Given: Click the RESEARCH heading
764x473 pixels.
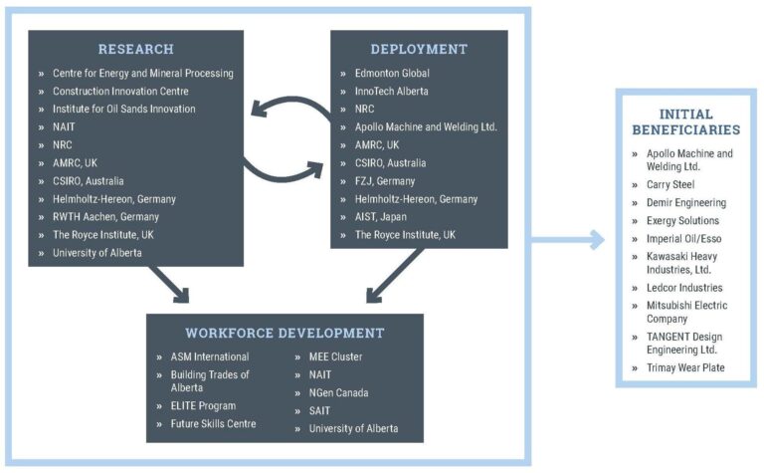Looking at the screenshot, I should pos(135,49).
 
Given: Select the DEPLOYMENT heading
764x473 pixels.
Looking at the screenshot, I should pos(418,49).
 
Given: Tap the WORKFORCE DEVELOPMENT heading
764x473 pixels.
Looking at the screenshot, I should pos(285,333).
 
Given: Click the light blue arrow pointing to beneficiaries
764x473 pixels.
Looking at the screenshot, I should pos(567,239).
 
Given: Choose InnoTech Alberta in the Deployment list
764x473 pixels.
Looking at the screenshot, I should pos(391,91).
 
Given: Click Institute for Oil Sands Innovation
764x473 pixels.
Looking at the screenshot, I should pos(124,109).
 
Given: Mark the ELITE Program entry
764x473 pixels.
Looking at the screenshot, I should pos(202,406).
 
